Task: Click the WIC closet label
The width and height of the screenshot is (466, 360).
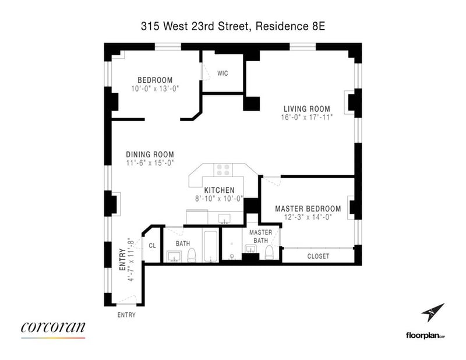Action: coord(223,73)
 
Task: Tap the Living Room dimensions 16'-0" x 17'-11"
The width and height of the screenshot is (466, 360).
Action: coord(307,117)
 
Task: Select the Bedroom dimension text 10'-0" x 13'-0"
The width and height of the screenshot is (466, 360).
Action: coord(155,89)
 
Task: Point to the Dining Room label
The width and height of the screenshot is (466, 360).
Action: coord(150,154)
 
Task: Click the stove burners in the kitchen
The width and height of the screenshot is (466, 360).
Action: coord(223,170)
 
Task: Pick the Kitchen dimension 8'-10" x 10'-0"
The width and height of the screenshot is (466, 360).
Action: coord(220,199)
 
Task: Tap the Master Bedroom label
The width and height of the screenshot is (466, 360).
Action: coord(308,209)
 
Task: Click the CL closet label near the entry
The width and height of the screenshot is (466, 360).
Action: coord(152,246)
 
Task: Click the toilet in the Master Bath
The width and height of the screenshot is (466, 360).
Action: coord(269,253)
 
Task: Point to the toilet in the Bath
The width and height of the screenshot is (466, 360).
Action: coord(192,255)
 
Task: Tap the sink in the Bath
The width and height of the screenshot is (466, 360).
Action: coord(174,256)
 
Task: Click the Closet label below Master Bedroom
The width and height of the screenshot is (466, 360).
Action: coord(318,256)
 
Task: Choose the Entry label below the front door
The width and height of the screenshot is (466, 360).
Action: coord(126,315)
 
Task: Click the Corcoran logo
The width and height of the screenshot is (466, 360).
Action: coord(53,329)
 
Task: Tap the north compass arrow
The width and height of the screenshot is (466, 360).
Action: coord(433,312)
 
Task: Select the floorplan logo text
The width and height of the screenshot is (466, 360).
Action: coord(425,336)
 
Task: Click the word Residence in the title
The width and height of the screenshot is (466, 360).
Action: coord(282,26)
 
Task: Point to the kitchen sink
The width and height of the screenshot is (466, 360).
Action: coord(224,218)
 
